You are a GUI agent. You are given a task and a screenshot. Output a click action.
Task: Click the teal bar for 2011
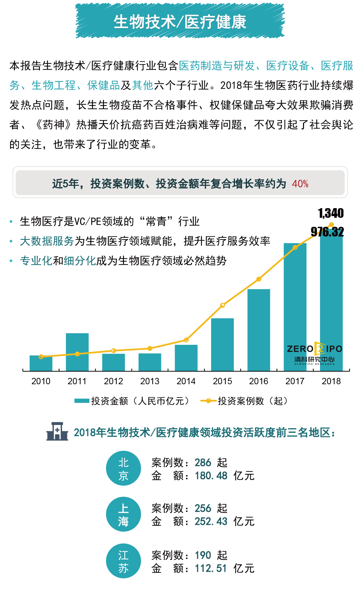77,352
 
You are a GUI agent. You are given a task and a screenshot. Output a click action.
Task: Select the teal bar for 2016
259,330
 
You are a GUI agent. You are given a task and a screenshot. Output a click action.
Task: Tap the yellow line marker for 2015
223,305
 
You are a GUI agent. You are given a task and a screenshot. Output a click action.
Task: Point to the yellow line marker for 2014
186,340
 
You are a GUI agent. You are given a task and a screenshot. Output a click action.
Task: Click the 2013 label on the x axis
150,381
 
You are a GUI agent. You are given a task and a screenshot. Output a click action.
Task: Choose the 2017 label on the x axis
295,381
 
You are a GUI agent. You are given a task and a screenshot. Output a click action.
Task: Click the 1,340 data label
331,213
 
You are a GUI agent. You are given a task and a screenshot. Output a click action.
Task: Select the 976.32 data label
327,232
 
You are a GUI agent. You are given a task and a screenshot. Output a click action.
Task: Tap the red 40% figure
300,184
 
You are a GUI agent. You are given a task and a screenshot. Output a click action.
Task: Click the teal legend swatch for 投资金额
82,401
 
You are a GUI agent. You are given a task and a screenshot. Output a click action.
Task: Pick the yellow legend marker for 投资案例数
208,401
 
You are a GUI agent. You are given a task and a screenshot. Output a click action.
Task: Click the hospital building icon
57,432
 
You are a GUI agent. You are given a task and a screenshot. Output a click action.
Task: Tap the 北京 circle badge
123,469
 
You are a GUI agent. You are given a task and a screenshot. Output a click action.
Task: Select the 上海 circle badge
123,514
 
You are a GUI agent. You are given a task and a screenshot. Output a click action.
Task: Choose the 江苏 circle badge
123,561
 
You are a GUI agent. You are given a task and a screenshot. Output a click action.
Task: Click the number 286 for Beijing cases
203,463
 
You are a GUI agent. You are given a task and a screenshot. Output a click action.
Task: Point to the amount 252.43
211,521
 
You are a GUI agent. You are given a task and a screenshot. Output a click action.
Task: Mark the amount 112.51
211,568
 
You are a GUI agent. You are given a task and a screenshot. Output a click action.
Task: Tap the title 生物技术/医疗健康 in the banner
180,22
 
